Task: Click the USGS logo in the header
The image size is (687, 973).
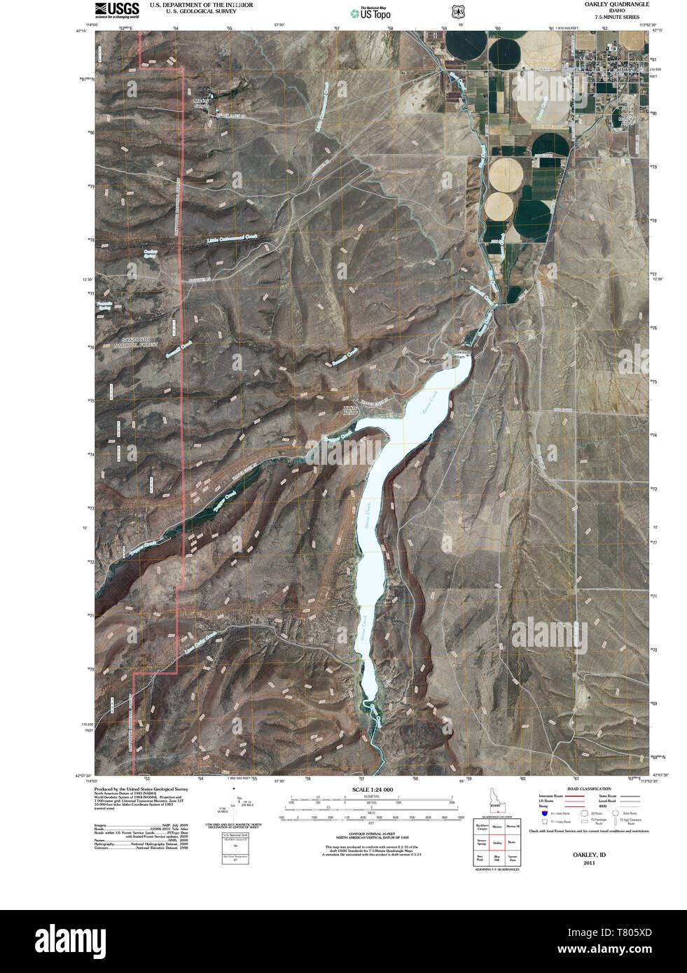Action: point(117,9)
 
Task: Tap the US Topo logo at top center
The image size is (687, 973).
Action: point(370,12)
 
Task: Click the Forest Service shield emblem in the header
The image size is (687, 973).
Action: point(458,12)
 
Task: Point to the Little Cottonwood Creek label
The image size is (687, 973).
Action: point(233,238)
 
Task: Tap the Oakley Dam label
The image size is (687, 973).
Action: point(459,354)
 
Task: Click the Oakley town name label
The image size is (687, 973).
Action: point(625,71)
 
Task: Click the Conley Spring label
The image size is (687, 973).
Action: point(150,253)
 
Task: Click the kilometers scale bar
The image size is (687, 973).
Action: point(372,800)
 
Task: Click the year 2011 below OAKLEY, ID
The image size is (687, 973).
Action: point(589,863)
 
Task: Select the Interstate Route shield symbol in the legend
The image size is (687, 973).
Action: point(543,813)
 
